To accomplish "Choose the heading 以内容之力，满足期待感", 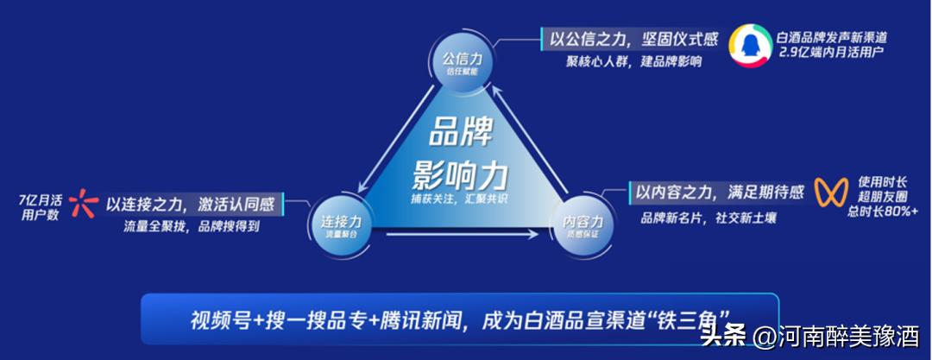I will point(720,192).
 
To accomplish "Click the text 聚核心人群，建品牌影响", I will point(633,61).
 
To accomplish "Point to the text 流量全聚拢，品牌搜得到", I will point(192,229).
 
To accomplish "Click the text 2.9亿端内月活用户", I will point(831,54).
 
